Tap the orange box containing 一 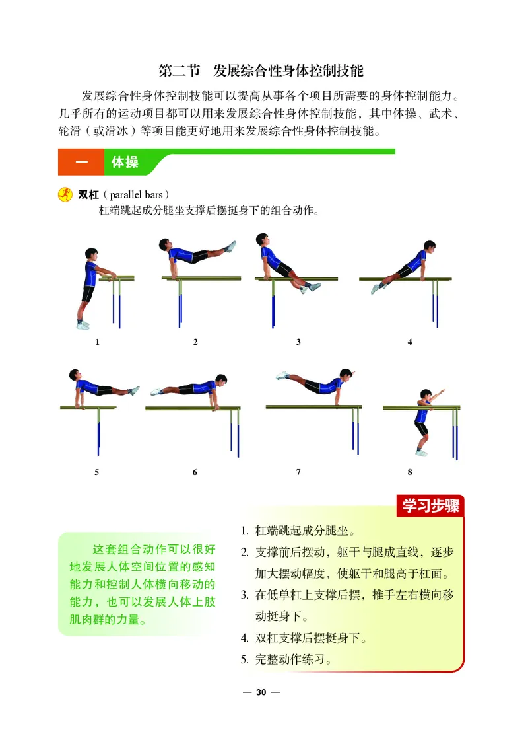(81, 163)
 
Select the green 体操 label (125, 163)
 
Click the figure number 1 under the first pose (97, 342)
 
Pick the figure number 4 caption (410, 342)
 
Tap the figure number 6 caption (195, 472)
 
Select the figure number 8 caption (410, 472)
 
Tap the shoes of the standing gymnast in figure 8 (420, 452)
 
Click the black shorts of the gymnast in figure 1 (88, 293)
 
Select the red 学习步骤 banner (430, 507)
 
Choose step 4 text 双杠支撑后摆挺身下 (310, 638)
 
